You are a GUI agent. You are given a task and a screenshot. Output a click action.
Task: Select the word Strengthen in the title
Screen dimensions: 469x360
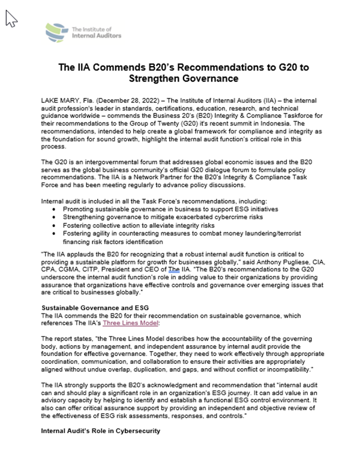[x=158, y=79]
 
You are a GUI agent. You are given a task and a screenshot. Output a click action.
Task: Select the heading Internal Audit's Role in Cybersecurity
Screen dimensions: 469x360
[x=100, y=431]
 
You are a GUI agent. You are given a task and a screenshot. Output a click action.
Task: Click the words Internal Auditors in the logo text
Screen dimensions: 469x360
[x=96, y=35]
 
